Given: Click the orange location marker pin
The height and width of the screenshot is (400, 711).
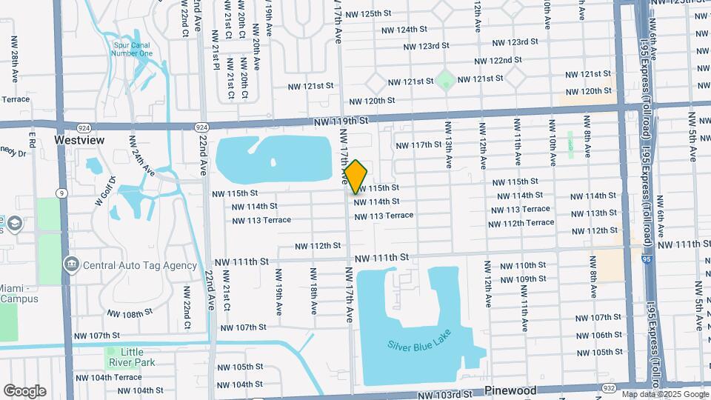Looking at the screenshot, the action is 355,176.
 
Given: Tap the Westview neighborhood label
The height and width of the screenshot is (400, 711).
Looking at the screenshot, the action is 79,139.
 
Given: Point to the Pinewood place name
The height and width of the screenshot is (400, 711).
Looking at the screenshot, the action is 511,390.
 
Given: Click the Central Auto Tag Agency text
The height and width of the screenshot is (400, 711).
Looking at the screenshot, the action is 140,265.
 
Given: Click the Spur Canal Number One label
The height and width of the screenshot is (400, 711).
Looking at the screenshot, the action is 133,49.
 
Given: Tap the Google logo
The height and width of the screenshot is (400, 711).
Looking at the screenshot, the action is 24,391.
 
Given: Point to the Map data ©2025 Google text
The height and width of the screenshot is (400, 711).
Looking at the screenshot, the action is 664,395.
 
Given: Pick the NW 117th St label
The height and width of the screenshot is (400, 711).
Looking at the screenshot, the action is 418,145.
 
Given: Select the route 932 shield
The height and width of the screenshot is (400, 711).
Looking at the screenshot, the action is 609,387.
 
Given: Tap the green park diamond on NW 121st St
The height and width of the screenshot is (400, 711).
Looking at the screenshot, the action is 445,79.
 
